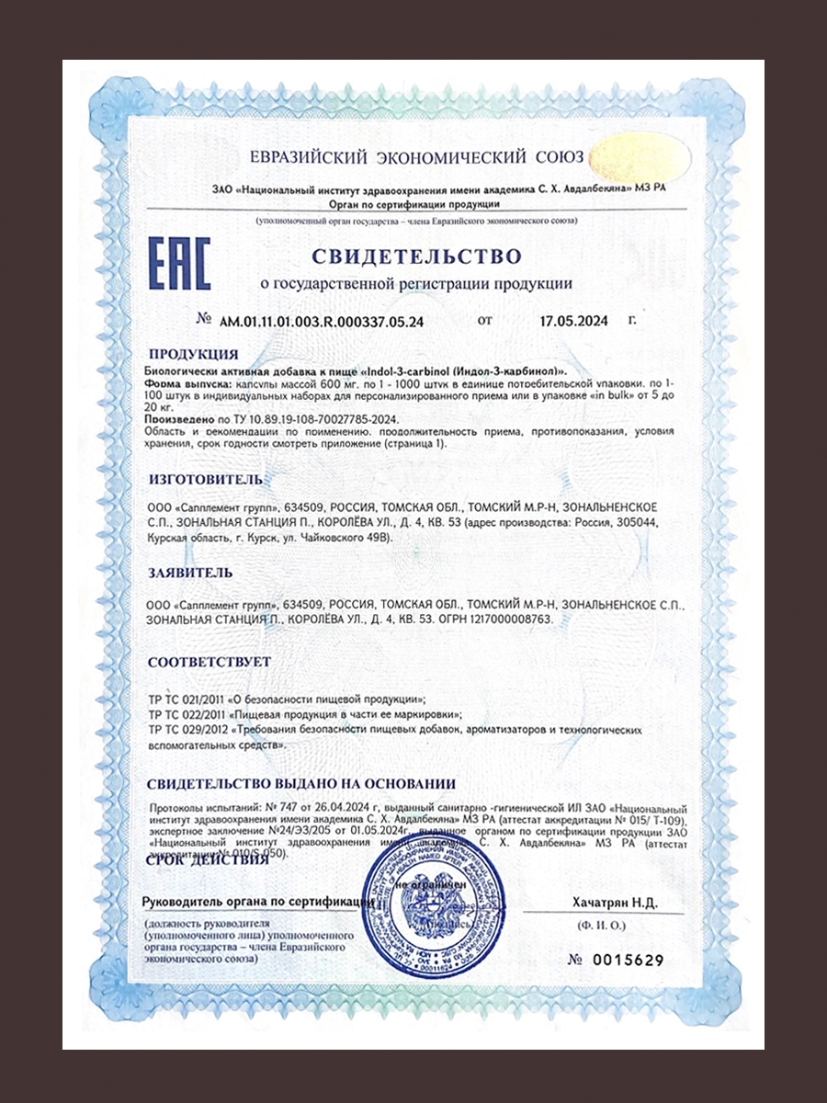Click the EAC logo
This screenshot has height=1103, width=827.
click(x=180, y=263)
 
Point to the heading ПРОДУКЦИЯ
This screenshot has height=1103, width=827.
click(x=193, y=354)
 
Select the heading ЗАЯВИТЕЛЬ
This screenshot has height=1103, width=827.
click(x=190, y=573)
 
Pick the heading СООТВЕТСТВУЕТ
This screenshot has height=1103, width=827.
click(x=210, y=662)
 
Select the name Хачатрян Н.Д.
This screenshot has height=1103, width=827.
click(x=615, y=903)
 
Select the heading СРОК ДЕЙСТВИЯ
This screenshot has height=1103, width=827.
click(x=208, y=859)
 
